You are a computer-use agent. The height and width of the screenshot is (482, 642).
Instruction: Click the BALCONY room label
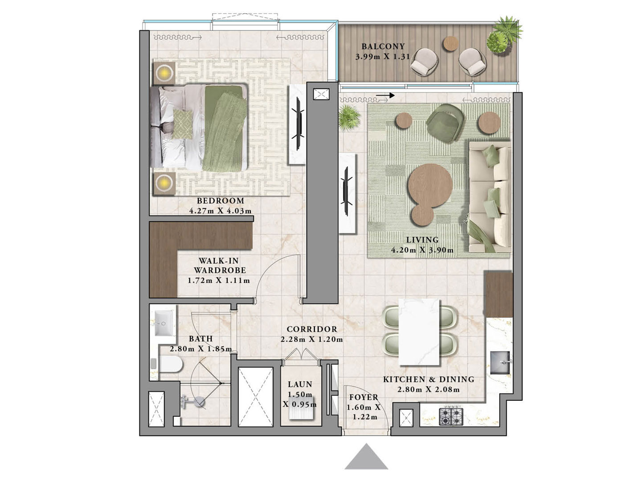tap(383, 46)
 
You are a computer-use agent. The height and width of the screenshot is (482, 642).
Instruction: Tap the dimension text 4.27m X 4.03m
tap(220, 211)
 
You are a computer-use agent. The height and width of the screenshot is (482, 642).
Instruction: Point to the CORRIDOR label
tap(312, 329)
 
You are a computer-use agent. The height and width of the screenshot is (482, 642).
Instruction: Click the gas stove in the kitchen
tap(451, 416)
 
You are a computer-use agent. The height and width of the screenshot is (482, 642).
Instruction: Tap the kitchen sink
tap(500, 362)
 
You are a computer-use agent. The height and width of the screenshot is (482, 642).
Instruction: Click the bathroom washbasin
tap(164, 323)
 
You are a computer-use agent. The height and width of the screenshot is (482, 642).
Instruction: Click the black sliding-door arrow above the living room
tap(385, 95)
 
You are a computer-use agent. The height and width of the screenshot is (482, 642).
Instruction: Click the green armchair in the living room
tap(445, 123)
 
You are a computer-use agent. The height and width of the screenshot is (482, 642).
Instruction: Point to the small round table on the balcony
tap(450, 44)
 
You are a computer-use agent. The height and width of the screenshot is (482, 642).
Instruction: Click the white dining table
tap(419, 332)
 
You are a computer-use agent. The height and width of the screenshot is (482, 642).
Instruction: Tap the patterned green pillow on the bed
tap(183, 124)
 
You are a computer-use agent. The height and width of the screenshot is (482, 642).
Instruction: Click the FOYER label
tap(364, 397)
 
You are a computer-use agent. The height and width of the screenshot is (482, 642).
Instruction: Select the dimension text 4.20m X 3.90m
tap(422, 250)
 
